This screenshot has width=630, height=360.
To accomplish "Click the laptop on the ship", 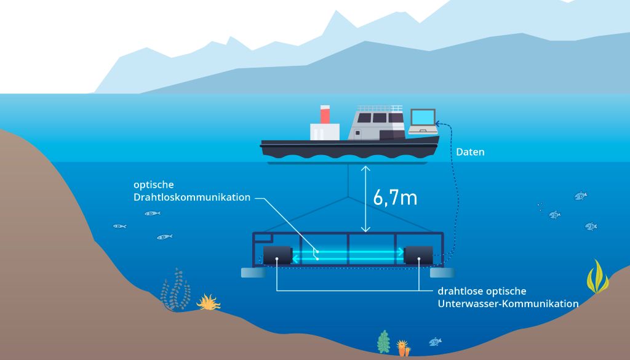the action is tap(423, 121).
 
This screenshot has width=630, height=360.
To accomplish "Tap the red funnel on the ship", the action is tap(325, 114).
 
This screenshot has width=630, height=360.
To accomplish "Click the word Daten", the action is tap(470, 152).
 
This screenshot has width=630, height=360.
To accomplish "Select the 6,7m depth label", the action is tap(395, 198).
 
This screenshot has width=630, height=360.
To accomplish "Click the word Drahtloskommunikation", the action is tap(192, 198).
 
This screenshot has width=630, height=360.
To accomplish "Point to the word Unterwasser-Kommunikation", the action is tap(508, 304).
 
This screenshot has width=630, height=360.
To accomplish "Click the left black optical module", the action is tap(277, 255).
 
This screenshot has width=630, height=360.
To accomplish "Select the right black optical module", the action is tap(418, 255).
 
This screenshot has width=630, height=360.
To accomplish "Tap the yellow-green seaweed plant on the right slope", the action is tap(597, 277).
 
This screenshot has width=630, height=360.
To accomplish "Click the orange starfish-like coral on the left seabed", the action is tap(208, 302).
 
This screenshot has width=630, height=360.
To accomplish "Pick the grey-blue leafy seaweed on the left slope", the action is tap(175, 289).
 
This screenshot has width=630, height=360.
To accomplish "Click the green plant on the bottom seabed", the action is tap(384, 342).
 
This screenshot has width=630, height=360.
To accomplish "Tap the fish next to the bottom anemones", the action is tap(435, 342).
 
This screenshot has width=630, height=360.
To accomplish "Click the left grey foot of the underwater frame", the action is tap(253, 273).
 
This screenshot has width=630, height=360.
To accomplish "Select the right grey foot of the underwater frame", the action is tap(442, 273).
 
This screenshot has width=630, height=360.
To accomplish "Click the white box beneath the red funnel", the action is tap(325, 132).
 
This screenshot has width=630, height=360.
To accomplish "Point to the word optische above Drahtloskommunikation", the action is tap(154, 185).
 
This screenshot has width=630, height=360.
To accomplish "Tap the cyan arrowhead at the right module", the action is tap(401, 252).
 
